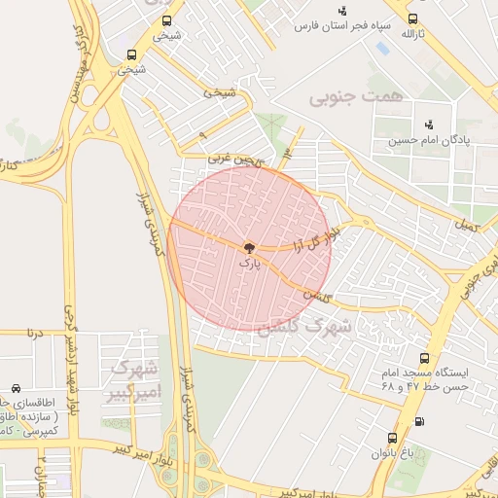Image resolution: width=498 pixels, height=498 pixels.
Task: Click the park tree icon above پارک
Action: click(249, 249)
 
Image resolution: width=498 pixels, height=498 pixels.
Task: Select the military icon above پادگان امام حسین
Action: click(428, 124)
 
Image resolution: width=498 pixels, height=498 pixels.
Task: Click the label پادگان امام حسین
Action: click(428, 140)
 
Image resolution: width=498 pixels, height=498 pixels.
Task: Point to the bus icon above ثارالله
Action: click(413, 18)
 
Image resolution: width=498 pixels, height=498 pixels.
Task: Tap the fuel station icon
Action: click(419, 421)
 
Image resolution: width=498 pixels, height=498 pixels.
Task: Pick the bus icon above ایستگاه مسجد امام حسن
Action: click(423, 358)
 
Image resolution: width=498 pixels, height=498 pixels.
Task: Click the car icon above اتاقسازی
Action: click(16, 387)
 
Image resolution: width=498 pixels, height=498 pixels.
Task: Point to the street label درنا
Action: click(36, 333)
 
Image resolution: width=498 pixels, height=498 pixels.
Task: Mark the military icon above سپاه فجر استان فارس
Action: click(342, 10)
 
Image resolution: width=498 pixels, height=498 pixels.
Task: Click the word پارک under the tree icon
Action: click(249, 263)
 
